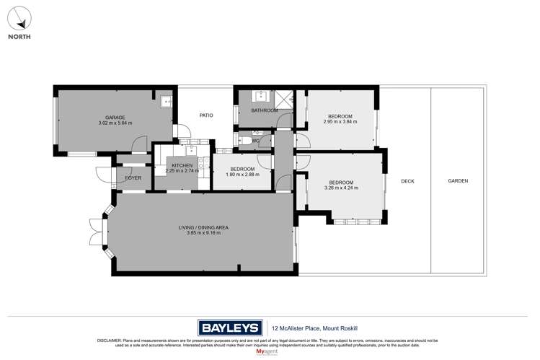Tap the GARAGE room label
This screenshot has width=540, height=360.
(x=115, y=118)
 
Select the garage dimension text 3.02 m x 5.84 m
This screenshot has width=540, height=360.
(x=115, y=123)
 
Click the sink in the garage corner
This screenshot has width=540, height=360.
(x=165, y=102)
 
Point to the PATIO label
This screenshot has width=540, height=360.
(x=205, y=115)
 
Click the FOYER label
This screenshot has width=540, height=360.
(x=133, y=177)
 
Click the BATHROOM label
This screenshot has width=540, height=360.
(x=264, y=110)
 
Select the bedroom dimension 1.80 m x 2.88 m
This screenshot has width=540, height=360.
(x=242, y=175)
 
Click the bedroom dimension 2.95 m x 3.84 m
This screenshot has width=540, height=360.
(x=340, y=122)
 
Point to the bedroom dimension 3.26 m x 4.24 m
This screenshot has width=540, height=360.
(x=341, y=188)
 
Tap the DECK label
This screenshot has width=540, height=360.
(x=408, y=181)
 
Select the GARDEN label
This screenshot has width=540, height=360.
(x=457, y=181)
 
